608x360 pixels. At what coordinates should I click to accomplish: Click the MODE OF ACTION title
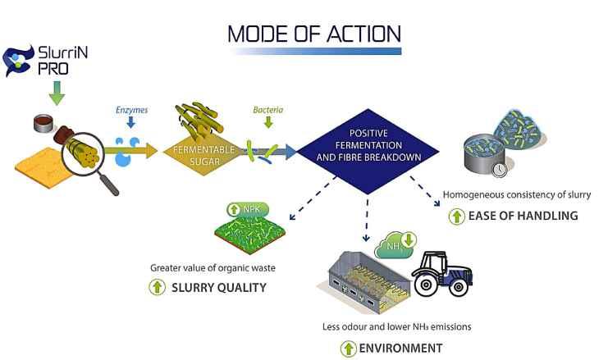314,34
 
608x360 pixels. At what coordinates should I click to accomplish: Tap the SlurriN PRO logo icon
18,59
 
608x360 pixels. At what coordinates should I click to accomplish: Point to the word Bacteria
267,107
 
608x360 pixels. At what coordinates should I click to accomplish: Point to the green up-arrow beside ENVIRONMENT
349,348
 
